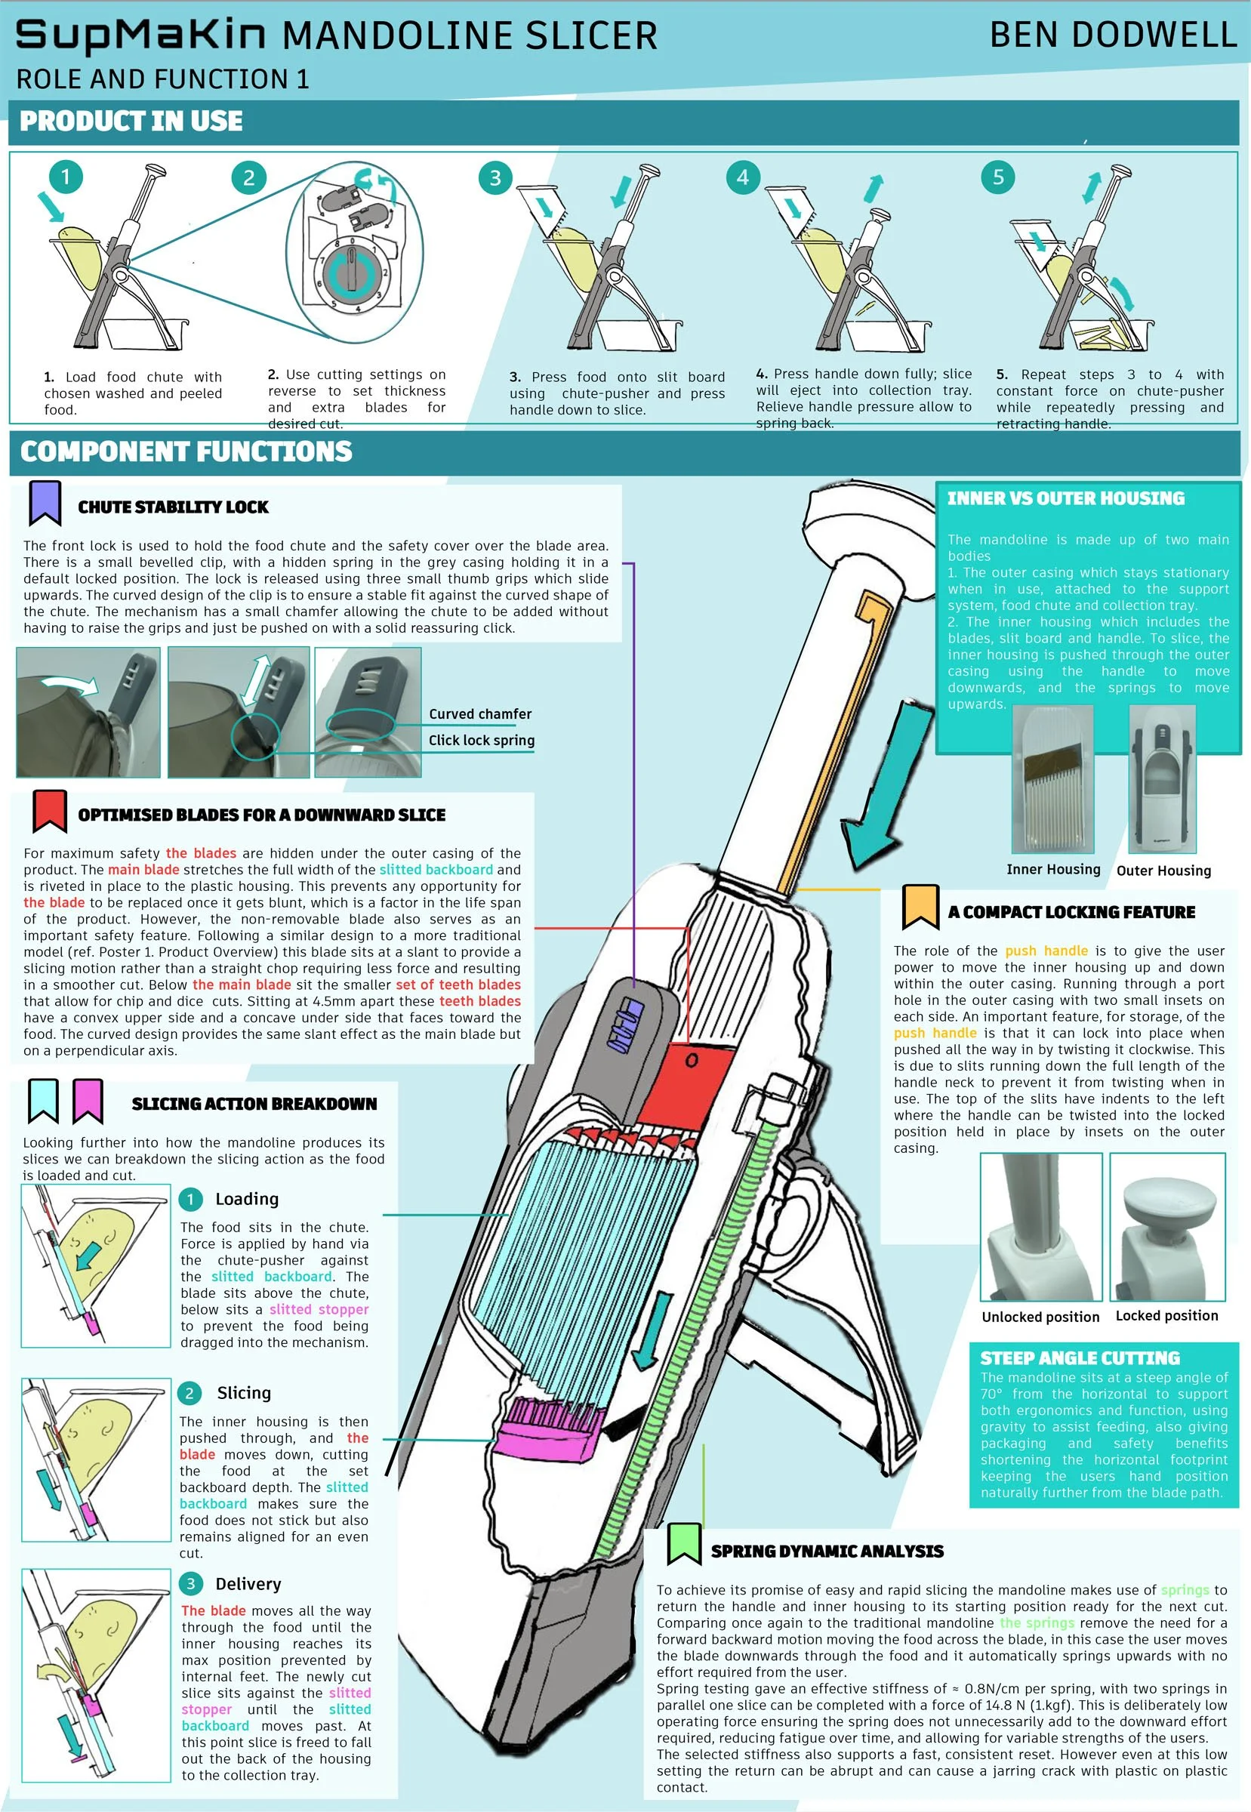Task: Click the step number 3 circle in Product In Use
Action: (x=495, y=178)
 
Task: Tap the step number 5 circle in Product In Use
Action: (x=997, y=177)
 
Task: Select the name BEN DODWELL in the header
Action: (x=1112, y=35)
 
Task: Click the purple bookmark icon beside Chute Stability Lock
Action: (x=45, y=503)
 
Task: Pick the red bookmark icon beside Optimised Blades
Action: (x=48, y=810)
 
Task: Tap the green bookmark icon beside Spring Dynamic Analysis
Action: (x=683, y=1543)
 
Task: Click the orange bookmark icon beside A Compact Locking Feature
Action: (x=920, y=907)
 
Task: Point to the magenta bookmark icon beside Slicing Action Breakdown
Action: (x=88, y=1100)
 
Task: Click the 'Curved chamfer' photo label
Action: (x=479, y=714)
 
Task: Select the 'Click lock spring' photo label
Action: (x=481, y=740)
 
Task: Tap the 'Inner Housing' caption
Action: (x=1052, y=869)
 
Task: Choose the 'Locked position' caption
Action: (x=1166, y=1315)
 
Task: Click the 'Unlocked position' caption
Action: (x=1040, y=1317)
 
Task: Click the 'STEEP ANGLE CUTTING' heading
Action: (x=1080, y=1357)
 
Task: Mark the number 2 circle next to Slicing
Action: (x=189, y=1393)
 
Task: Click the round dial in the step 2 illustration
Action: (x=353, y=271)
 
